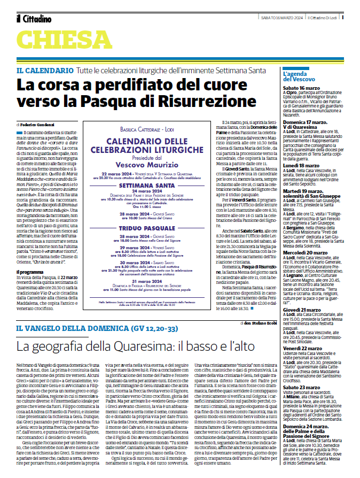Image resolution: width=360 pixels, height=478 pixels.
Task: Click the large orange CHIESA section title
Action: click(x=64, y=39)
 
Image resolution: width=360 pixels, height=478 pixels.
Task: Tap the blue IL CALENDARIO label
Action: click(x=45, y=71)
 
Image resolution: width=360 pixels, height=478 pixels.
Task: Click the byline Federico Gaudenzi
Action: click(x=36, y=124)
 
